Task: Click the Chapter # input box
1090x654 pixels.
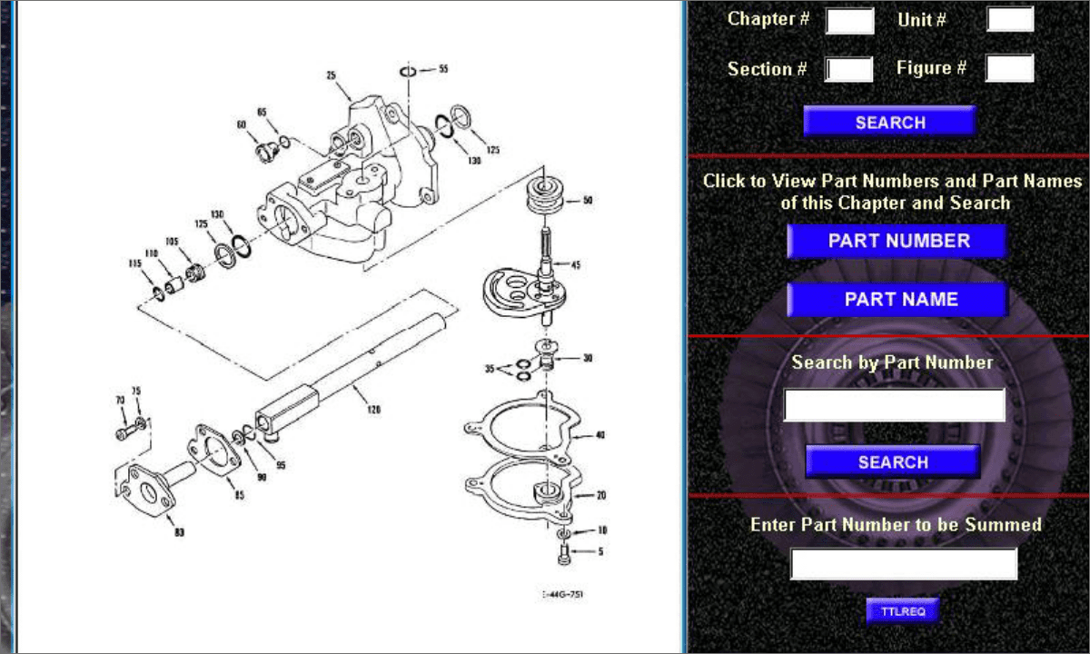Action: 849,20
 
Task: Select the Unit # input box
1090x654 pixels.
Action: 1010,19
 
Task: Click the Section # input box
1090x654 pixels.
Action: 849,69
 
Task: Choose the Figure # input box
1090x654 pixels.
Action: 1009,68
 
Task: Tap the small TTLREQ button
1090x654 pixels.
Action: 902,611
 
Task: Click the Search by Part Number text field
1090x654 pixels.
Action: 894,405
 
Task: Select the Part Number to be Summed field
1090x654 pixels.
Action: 903,563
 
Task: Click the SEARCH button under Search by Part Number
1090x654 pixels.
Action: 892,461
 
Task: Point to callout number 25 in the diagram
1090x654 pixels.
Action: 332,75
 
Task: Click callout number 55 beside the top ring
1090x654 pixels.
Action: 442,68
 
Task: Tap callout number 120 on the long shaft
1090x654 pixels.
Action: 374,410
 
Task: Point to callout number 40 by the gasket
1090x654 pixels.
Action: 599,435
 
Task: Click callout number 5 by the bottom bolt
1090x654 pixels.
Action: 600,550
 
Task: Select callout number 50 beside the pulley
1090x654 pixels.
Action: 587,200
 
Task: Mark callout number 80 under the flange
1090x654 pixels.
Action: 179,532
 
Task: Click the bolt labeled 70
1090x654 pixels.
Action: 122,434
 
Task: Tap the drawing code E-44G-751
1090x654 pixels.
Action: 563,595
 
